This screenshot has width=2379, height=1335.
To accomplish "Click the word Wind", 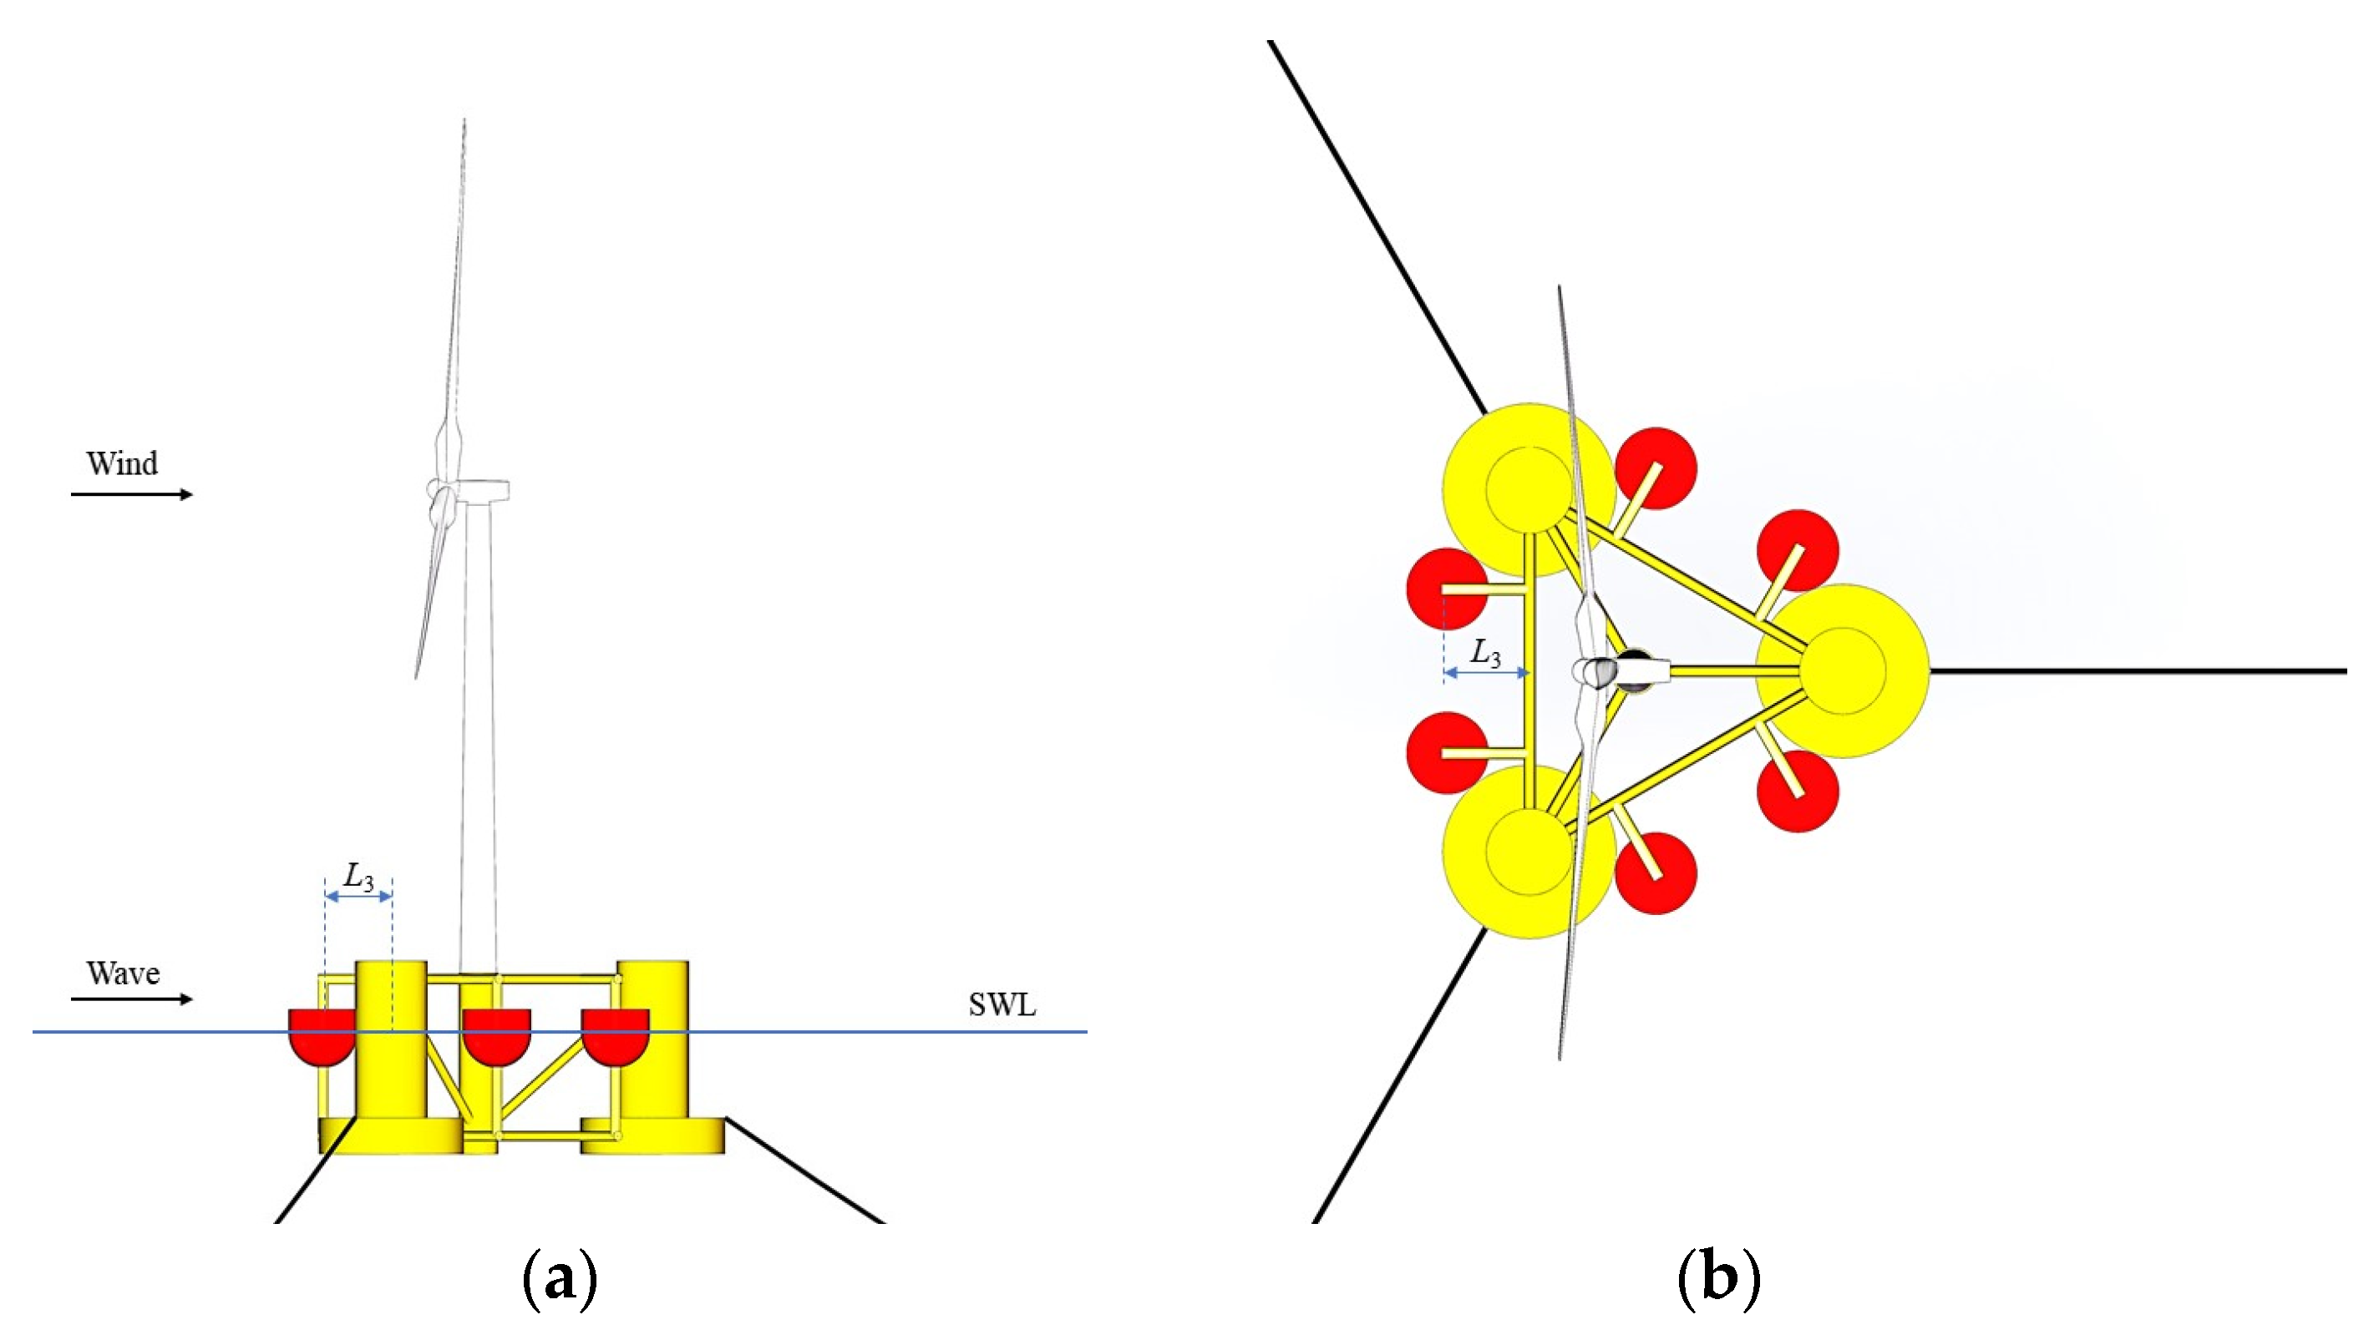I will point(122,463).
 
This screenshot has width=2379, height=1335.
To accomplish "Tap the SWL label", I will point(1002,1004).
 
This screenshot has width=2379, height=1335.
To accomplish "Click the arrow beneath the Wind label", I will point(131,495).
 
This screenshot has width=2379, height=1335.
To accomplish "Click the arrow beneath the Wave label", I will point(131,999).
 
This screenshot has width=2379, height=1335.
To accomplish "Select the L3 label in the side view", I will point(358,876).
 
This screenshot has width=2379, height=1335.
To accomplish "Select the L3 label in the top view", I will point(1485,654).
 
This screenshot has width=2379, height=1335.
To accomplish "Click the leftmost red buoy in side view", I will point(321,1036).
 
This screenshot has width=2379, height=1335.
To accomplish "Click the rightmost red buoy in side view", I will point(615,1036).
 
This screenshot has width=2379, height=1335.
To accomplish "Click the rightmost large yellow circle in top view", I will point(1844,671).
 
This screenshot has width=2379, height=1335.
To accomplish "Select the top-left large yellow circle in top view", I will point(1529,489).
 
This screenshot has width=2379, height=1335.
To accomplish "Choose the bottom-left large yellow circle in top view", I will point(1529,852).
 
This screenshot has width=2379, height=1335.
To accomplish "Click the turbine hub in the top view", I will point(1595,671).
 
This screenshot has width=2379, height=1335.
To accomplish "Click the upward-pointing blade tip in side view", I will point(464,124).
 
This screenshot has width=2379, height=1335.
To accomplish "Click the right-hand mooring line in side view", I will point(804,1171).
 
